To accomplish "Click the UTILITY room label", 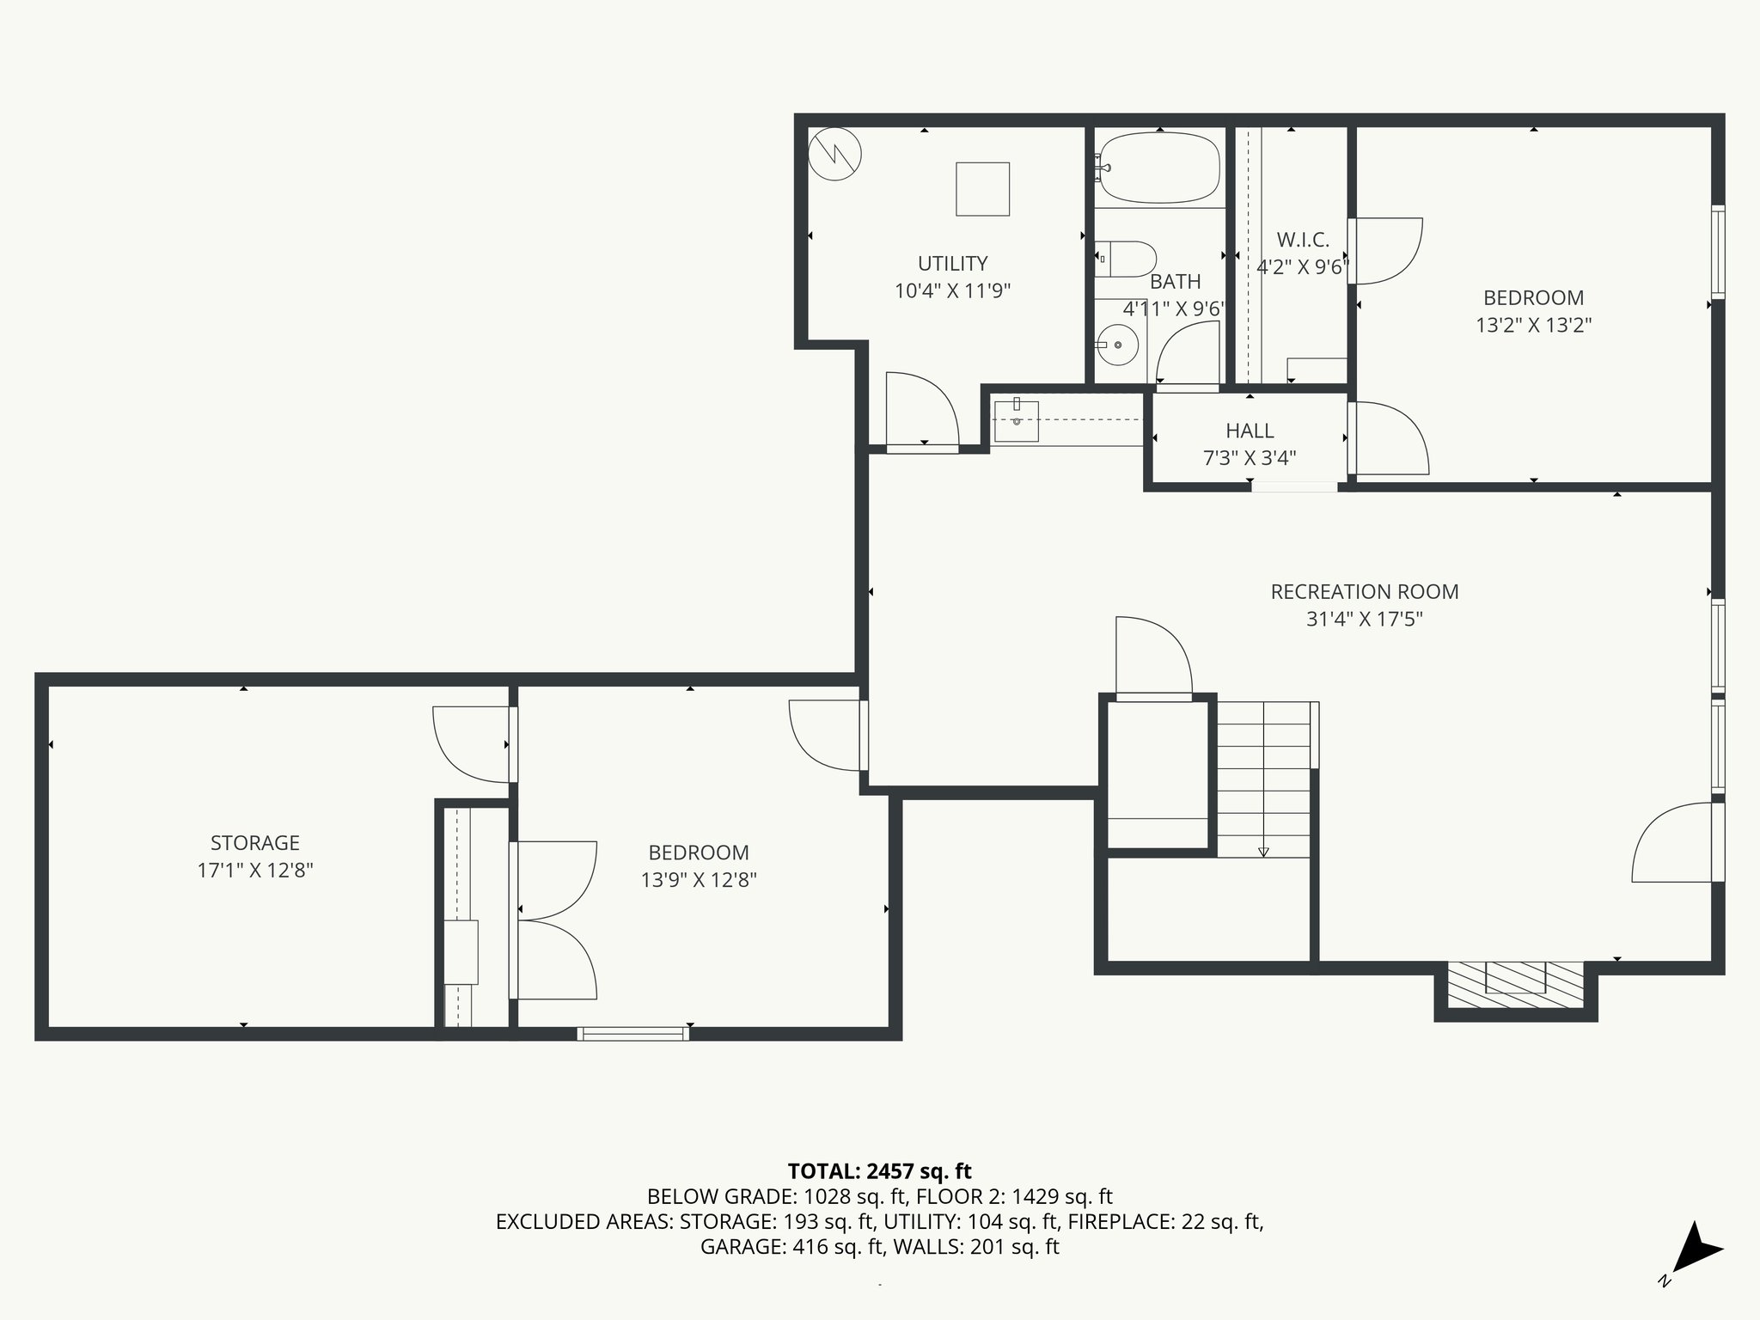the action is pyautogui.click(x=952, y=263).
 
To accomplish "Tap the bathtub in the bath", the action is pyautogui.click(x=1159, y=168).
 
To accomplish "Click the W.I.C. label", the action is pyautogui.click(x=1303, y=240).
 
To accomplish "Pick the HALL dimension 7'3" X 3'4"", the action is pyautogui.click(x=1250, y=458).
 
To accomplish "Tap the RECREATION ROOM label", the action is pyautogui.click(x=1365, y=591).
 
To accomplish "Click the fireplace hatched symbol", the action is pyautogui.click(x=1515, y=983).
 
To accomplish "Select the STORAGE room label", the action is pyautogui.click(x=255, y=842).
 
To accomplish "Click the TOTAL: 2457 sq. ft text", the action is pyautogui.click(x=879, y=1170).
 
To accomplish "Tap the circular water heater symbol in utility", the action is pyautogui.click(x=834, y=154).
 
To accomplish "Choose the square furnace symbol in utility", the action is pyautogui.click(x=982, y=189).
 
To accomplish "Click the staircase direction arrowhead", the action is pyautogui.click(x=1263, y=852).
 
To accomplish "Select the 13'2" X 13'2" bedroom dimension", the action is pyautogui.click(x=1534, y=325).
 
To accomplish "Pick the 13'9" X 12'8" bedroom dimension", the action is pyautogui.click(x=699, y=880).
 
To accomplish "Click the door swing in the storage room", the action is pyautogui.click(x=471, y=744).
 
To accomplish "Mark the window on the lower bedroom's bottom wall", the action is pyautogui.click(x=633, y=1033).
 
